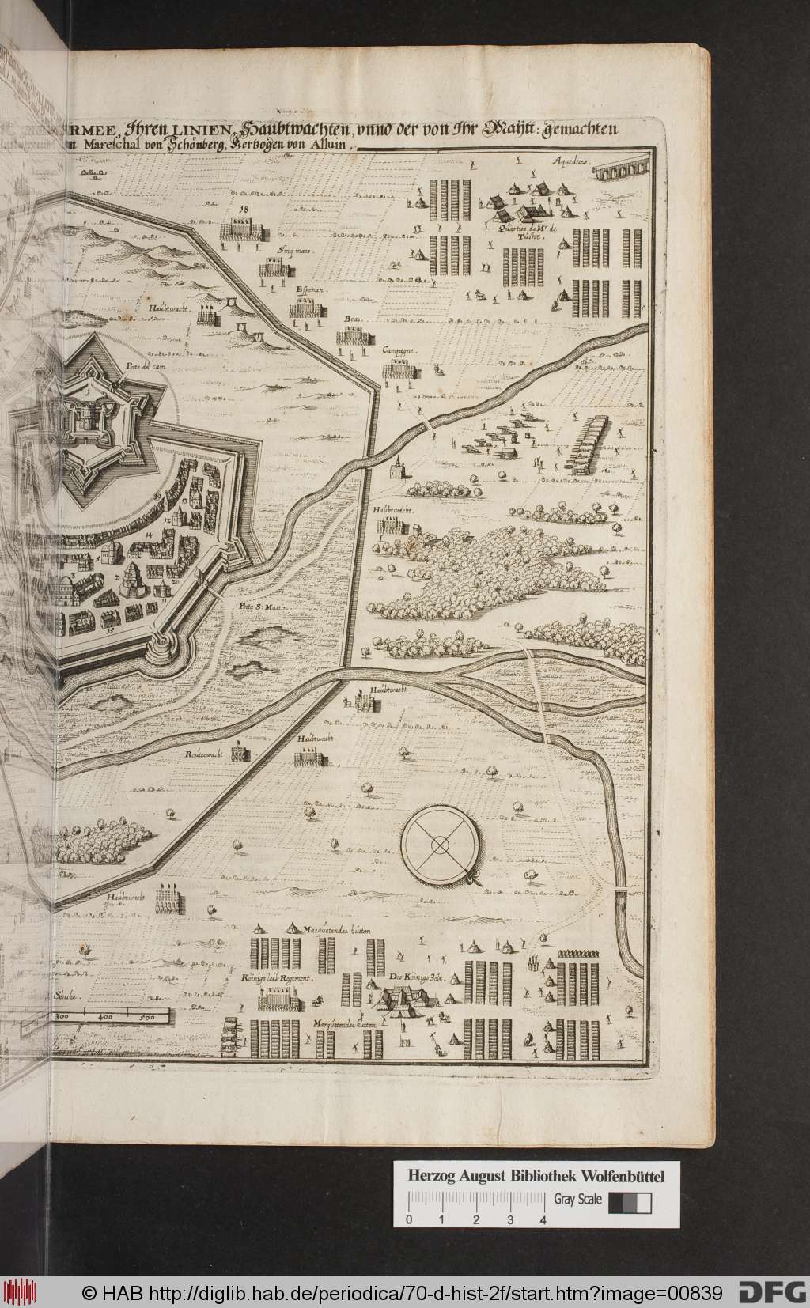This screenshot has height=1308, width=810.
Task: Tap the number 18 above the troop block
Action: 243,209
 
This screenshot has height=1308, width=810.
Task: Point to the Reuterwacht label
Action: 202,753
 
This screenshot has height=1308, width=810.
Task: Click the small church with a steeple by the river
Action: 397,471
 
